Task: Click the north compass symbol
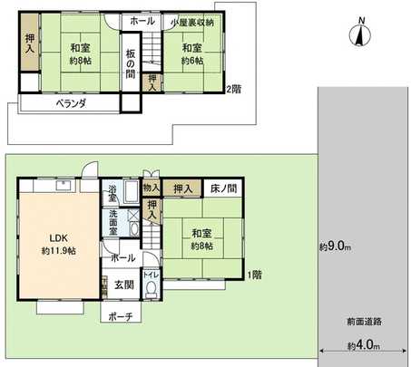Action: [x=360, y=34]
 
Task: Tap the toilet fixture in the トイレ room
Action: [x=152, y=289]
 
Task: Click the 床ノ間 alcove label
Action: [x=223, y=188]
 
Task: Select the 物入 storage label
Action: [x=152, y=188]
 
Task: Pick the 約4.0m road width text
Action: [x=363, y=345]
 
